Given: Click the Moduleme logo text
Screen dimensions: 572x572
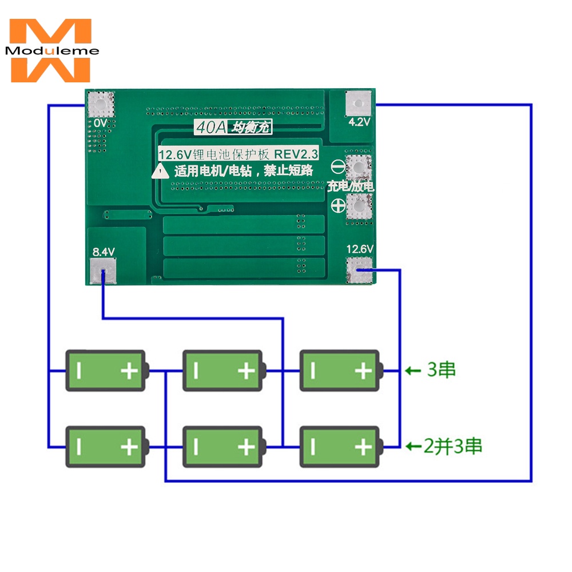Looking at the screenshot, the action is pyautogui.click(x=52, y=50).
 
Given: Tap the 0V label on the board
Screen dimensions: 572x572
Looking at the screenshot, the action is pyautogui.click(x=100, y=123).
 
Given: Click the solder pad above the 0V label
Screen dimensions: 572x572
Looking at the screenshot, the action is pyautogui.click(x=101, y=104).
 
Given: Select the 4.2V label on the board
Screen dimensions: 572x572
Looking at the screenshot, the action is pyautogui.click(x=359, y=121).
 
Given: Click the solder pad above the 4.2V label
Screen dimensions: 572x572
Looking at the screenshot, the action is pyautogui.click(x=358, y=104).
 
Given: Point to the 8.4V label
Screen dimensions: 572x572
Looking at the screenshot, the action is pyautogui.click(x=104, y=251).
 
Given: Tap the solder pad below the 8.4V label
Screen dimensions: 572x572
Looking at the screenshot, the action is pyautogui.click(x=103, y=271).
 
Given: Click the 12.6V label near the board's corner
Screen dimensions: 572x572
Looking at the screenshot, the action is pyautogui.click(x=360, y=249).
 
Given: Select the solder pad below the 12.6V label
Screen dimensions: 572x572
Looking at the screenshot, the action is pyautogui.click(x=359, y=270).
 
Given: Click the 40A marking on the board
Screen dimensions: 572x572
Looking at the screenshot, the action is pyautogui.click(x=211, y=128).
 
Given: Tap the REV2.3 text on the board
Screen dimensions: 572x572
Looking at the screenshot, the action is pyautogui.click(x=296, y=154).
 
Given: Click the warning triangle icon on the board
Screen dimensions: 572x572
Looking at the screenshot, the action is pyautogui.click(x=161, y=170).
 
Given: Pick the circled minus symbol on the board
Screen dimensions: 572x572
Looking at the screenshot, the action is pyautogui.click(x=338, y=167).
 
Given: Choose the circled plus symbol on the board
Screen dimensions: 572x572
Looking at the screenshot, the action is pyautogui.click(x=338, y=206).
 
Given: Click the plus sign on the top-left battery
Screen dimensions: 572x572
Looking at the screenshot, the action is pyautogui.click(x=129, y=371).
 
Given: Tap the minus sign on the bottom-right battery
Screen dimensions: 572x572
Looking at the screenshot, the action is pyautogui.click(x=313, y=447).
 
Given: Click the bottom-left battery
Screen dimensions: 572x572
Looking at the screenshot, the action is pyautogui.click(x=107, y=447).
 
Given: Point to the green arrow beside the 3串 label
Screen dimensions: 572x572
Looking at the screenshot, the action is pyautogui.click(x=413, y=371).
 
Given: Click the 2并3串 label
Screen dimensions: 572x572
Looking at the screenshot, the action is pyautogui.click(x=452, y=446).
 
